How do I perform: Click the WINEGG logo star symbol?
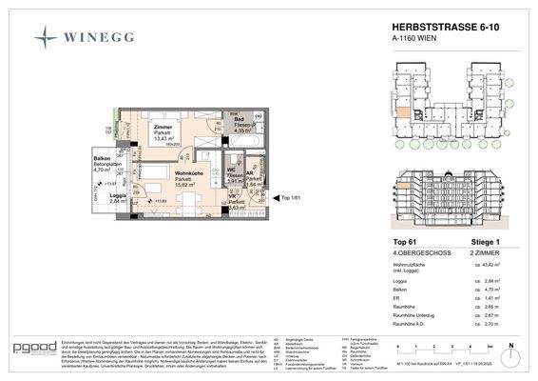point(46,37)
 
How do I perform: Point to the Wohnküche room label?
point(185,176)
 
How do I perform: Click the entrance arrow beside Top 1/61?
point(272,197)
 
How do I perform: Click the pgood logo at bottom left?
point(34,345)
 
